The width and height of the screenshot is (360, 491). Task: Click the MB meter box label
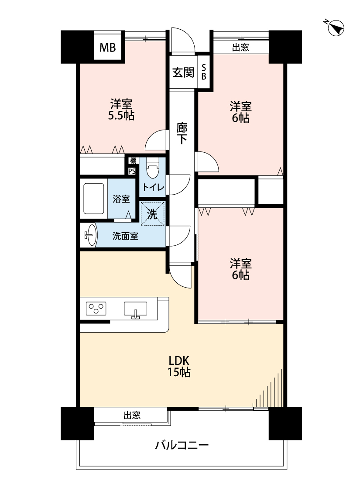[107, 48]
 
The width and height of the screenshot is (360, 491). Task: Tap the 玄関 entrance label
[183, 72]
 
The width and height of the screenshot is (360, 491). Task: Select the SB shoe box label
[204, 72]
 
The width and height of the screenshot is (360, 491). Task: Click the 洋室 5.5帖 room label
[121, 110]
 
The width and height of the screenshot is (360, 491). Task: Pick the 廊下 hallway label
[182, 134]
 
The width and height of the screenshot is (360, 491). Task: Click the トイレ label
[153, 188]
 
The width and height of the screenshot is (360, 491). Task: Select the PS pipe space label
[132, 171]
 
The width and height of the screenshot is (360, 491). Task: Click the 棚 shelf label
[133, 161]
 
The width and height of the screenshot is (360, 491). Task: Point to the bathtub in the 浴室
[93, 199]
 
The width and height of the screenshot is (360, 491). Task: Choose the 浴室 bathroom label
[121, 199]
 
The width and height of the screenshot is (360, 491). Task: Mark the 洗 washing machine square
[152, 214]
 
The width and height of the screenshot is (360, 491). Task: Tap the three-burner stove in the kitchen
[96, 309]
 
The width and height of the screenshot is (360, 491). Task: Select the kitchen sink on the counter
[136, 310]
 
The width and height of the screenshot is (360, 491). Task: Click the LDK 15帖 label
[179, 366]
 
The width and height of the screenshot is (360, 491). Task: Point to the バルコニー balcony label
[182, 445]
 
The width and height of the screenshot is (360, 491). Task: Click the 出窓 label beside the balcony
[132, 415]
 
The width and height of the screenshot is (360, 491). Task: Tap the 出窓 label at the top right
[240, 47]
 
